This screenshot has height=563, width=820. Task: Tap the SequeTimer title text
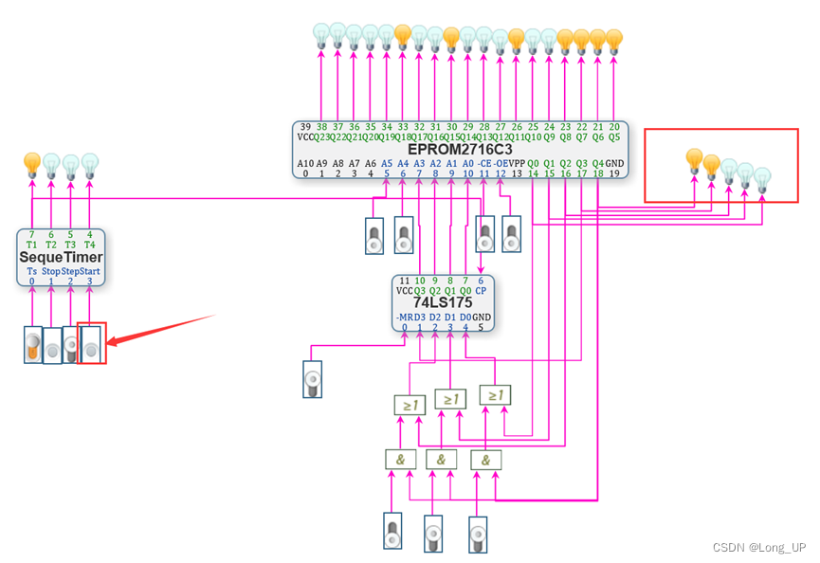pos(61,257)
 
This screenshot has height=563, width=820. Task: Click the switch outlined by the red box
pos(91,343)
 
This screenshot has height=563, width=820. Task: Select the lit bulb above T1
pos(32,162)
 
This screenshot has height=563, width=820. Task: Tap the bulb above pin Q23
pos(321,35)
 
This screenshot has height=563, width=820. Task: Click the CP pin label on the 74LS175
pos(481,291)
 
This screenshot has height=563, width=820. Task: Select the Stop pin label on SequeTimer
pos(51,271)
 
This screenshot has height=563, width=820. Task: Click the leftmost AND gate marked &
pos(399,460)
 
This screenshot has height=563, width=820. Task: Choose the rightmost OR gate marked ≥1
pos(493,393)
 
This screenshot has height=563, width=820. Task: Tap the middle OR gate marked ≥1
pos(449,399)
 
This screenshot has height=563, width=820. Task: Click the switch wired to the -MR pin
pos(312,379)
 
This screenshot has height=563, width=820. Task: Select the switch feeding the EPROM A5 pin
pos(374,236)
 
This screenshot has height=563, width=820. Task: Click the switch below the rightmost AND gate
pos(478,534)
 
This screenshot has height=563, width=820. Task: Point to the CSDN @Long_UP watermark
pos(758,548)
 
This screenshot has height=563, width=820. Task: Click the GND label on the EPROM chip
pos(613,162)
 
